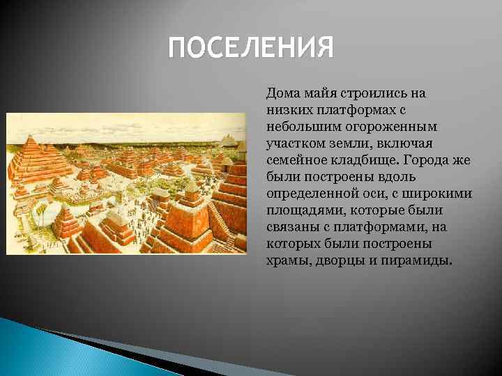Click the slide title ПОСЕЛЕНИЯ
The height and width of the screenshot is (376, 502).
[x=252, y=49]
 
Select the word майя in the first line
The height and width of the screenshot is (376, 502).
[x=317, y=93]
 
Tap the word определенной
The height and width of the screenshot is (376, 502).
[x=307, y=194]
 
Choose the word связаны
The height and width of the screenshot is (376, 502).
[x=289, y=227]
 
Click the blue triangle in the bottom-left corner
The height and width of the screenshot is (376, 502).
[x=28, y=348]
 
